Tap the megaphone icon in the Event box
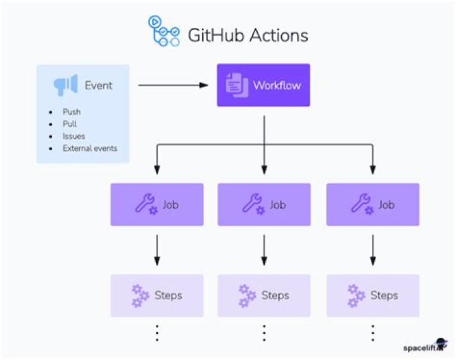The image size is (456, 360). point(65,85)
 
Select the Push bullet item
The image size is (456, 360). point(71,112)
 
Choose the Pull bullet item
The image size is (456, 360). point(70,124)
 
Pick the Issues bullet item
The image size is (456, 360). point(73,136)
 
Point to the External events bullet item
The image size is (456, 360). point(89,148)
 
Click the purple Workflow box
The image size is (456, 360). point(263,85)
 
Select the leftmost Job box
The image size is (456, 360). point(157,205)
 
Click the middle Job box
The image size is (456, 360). point(264,205)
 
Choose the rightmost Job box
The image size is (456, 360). point(372,205)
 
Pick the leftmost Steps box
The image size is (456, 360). point(157,295)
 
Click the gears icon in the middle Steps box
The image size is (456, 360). point(247,295)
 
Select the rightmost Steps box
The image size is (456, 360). point(372,295)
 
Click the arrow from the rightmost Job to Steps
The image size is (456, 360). point(373,250)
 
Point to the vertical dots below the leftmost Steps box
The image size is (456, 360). point(157,333)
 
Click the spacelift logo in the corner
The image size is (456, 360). point(425,346)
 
